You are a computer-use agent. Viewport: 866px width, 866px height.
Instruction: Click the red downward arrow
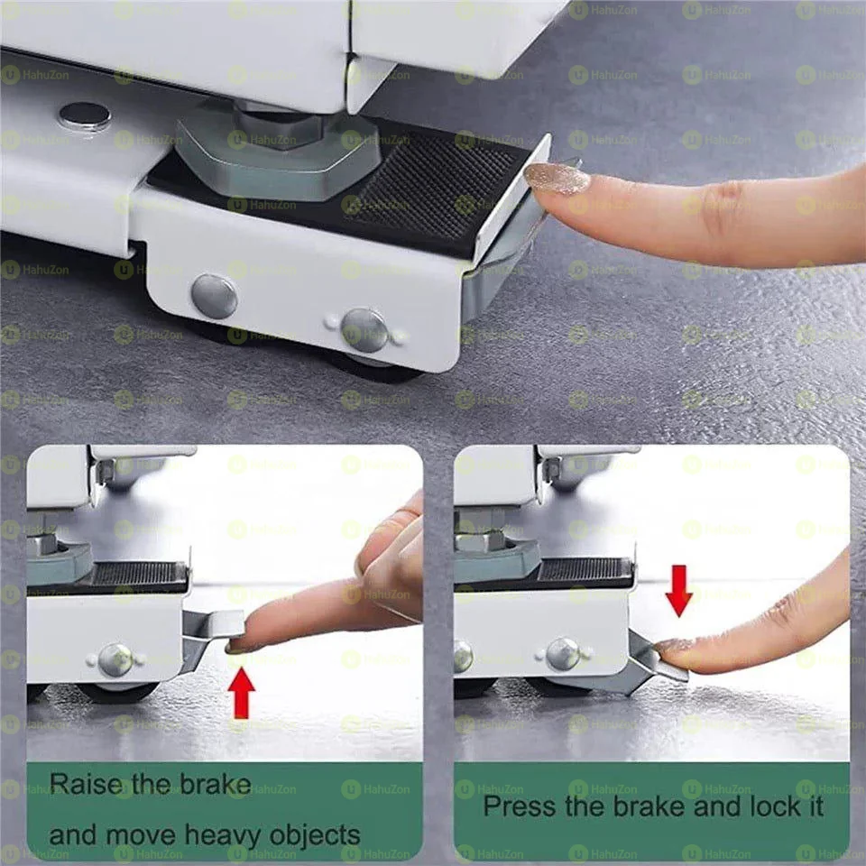679,589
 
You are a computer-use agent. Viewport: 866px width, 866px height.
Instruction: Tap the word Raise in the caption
85,783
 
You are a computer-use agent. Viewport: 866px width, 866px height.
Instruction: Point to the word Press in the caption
521,806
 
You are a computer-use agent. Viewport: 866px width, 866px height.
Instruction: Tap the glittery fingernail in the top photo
557,178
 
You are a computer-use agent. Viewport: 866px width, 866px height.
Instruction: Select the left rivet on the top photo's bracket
215,297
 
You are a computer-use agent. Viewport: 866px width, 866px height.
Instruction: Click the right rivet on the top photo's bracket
364,329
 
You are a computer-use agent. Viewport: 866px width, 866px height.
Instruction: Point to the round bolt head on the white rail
85,116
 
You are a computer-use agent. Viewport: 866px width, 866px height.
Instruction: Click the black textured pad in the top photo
424,189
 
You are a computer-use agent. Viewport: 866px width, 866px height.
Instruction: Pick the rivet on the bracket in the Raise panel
115,659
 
